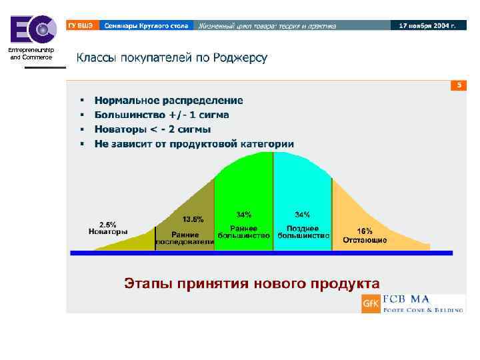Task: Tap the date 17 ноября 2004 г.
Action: point(427,25)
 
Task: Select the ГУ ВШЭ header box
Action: point(81,25)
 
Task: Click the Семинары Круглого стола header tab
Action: point(146,25)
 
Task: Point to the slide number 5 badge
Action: point(458,85)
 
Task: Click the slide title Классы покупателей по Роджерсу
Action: point(171,58)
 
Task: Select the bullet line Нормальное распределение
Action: point(169,101)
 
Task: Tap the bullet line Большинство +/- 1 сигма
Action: point(162,115)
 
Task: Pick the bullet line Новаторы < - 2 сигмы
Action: point(153,129)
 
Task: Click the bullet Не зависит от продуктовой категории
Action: point(194,143)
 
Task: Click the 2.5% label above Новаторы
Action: point(107,224)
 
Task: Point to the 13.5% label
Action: point(193,219)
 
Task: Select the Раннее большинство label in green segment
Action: point(244,231)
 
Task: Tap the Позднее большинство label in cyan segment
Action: point(303,231)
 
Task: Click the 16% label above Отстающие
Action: point(365,231)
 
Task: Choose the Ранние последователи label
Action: point(185,239)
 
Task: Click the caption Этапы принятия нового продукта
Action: point(252,283)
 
